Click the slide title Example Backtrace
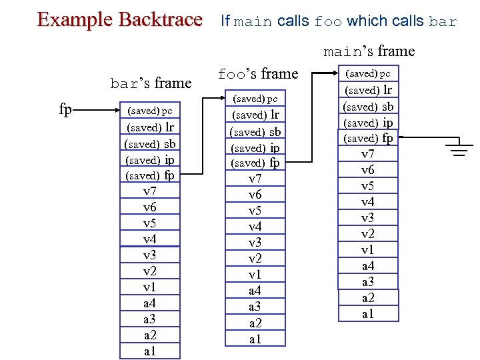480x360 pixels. point(119,19)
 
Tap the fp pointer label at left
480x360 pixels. point(65,109)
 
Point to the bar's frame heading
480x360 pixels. point(151,83)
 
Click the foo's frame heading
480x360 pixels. point(258,73)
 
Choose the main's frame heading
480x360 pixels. point(369,51)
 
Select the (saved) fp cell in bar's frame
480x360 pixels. point(150,175)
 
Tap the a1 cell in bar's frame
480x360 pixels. point(150,351)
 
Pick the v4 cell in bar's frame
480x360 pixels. point(150,239)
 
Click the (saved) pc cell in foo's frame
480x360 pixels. point(255,99)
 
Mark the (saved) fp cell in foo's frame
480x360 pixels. point(255,163)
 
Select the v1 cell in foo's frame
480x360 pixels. point(255,275)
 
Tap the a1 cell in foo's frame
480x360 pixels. point(255,339)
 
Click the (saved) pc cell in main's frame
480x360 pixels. point(368,74)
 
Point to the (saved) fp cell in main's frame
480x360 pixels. point(368,139)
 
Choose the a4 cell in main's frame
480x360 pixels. point(368,266)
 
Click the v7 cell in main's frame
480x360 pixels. point(368,155)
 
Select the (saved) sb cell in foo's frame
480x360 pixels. point(255,131)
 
